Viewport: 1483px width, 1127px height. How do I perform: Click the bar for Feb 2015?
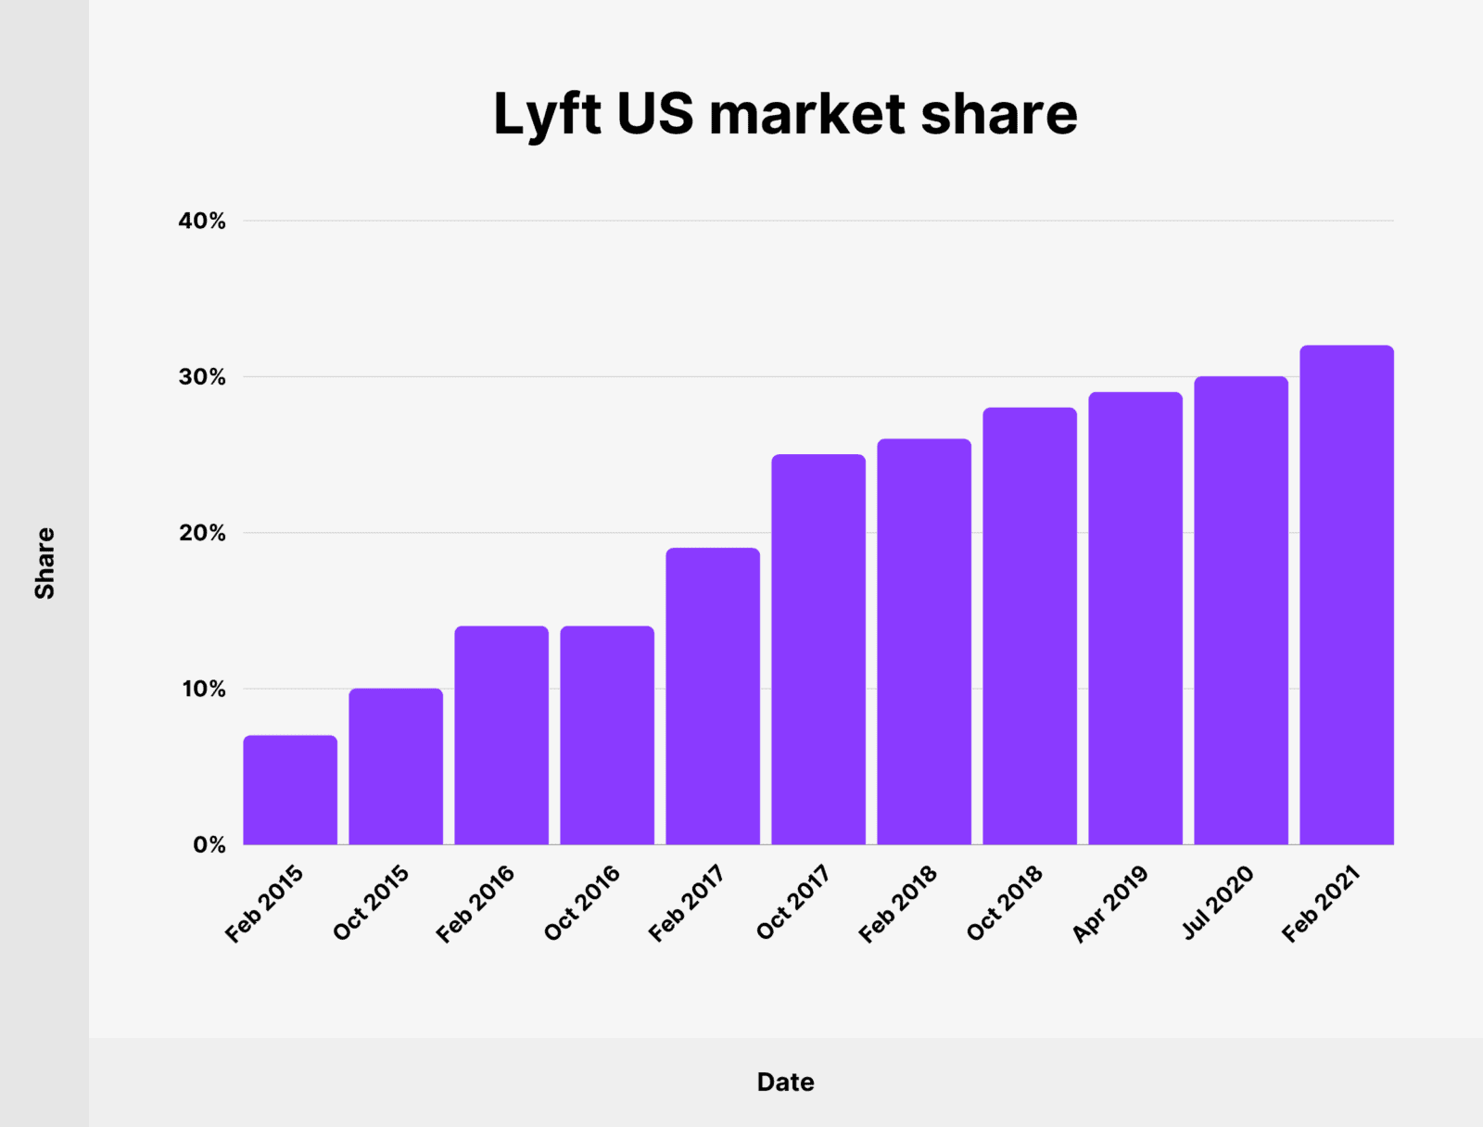click(290, 791)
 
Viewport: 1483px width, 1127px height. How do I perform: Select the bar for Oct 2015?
click(396, 766)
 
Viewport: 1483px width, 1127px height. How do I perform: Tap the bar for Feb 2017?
click(713, 697)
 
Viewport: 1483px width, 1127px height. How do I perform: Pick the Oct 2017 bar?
click(818, 650)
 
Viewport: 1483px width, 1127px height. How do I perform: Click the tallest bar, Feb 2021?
click(1347, 595)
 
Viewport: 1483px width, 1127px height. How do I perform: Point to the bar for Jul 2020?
click(1241, 611)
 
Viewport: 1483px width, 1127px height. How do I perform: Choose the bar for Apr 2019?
click(1135, 618)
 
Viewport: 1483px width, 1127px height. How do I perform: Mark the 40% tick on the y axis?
click(202, 222)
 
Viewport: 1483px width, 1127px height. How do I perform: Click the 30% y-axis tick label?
click(202, 377)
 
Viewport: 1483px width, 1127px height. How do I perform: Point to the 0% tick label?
click(209, 845)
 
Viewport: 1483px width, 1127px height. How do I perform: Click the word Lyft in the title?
click(547, 115)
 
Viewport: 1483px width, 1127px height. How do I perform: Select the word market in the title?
click(806, 115)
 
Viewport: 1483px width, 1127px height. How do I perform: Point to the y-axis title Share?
click(44, 563)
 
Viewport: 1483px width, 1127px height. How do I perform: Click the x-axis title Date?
click(785, 1082)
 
